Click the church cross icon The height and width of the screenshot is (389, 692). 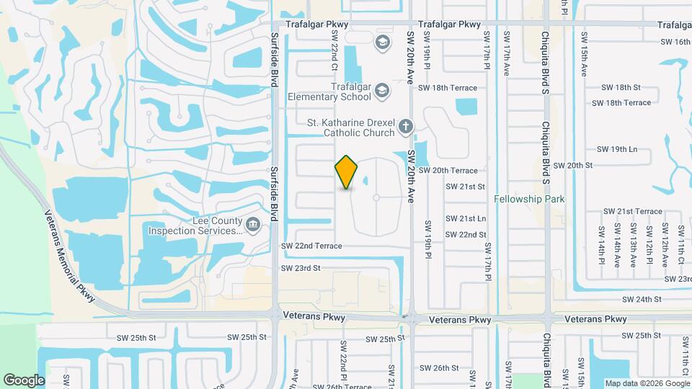pyautogui.click(x=406, y=128)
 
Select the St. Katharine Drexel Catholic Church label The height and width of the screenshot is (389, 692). pyautogui.click(x=350, y=128)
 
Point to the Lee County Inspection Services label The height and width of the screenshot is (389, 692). pyautogui.click(x=195, y=226)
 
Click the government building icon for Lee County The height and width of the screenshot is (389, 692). pyautogui.click(x=253, y=225)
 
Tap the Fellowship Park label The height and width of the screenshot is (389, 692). pyautogui.click(x=529, y=199)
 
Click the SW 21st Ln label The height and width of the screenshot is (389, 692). pyautogui.click(x=466, y=218)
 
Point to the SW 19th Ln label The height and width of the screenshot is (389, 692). pyautogui.click(x=617, y=149)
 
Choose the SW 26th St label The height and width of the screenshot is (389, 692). pyautogui.click(x=441, y=368)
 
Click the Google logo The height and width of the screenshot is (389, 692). pyautogui.click(x=25, y=380)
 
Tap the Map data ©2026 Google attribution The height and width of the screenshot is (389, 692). pyautogui.click(x=647, y=383)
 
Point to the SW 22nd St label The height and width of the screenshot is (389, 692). pyautogui.click(x=466, y=235)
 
